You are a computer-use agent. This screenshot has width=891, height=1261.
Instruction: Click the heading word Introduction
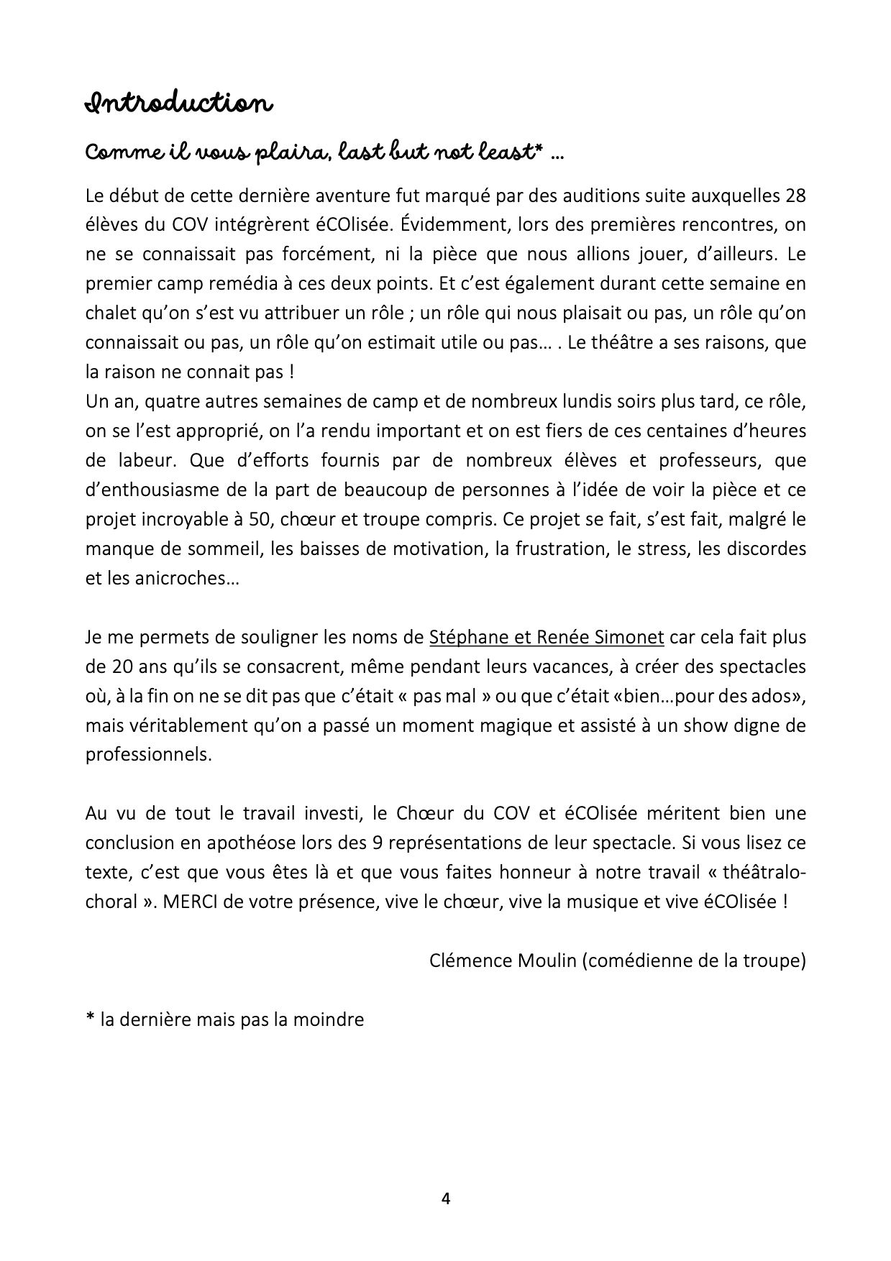click(x=178, y=104)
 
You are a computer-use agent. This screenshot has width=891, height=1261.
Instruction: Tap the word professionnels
click(x=149, y=755)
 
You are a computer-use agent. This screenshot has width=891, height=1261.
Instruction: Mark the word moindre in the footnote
click(x=330, y=1019)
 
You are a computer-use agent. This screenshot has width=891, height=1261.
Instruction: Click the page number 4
click(x=445, y=1198)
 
